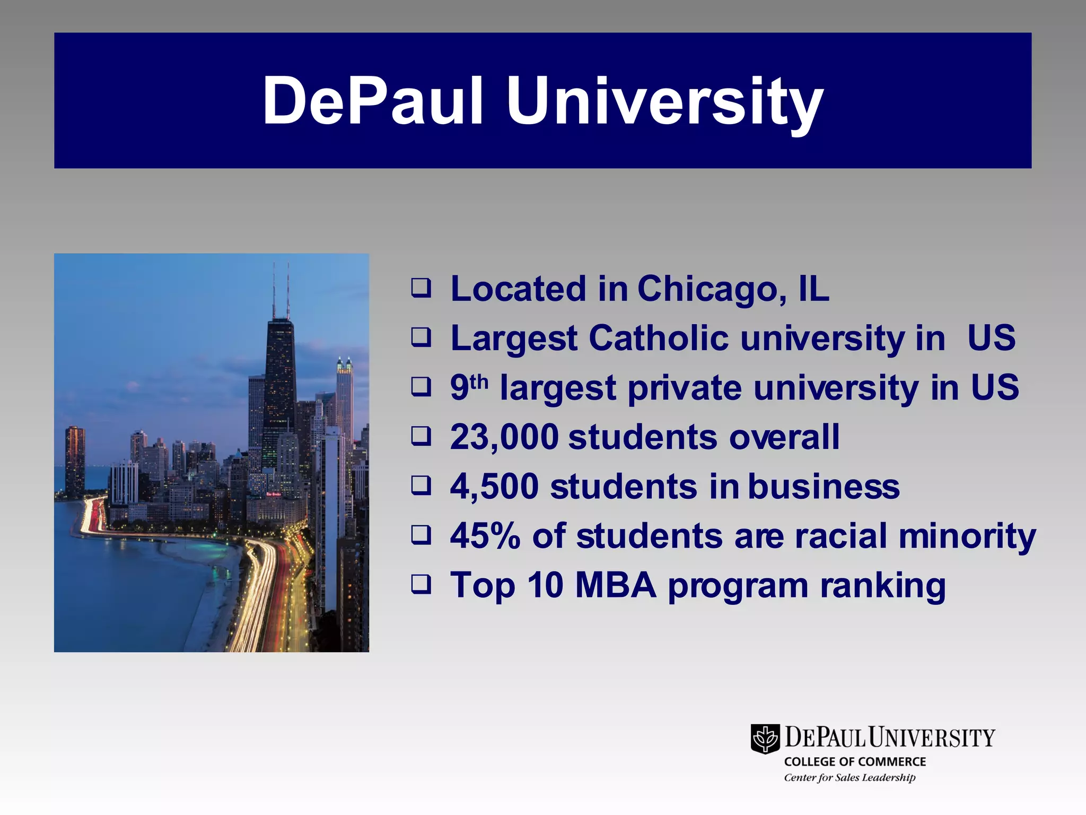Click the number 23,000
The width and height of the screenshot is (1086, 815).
[504, 437]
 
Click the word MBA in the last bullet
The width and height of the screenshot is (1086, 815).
[616, 585]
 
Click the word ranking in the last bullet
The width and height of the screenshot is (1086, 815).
[882, 586]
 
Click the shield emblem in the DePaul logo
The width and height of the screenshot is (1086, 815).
[765, 738]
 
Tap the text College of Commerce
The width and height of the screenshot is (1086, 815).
[855, 761]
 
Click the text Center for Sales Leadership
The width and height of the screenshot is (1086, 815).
[849, 777]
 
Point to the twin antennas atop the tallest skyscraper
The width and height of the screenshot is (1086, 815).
[281, 289]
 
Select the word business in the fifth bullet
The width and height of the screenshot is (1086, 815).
[824, 487]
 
